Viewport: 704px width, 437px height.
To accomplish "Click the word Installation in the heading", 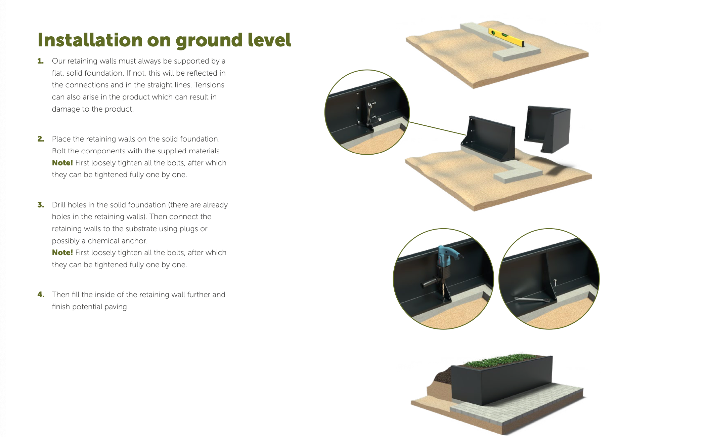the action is coord(90,40).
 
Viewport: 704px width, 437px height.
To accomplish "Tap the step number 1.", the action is coord(41,61).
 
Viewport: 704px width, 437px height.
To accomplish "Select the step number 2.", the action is coord(41,139).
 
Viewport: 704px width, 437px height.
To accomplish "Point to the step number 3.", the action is coord(41,205).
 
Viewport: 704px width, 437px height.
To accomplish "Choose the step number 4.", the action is coord(41,294).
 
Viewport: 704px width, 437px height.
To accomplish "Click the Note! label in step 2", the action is coord(62,163).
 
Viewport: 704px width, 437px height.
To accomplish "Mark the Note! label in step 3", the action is coord(62,252).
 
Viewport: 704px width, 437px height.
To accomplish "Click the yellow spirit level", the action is coord(506,37).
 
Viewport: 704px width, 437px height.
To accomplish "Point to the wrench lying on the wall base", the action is coord(532,299).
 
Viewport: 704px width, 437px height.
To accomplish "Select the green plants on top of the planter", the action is coord(500,360).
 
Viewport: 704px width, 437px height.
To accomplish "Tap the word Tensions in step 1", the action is coord(209,85).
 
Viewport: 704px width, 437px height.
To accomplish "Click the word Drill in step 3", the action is coord(59,205).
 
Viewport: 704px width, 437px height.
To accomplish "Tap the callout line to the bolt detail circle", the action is coord(438,128).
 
